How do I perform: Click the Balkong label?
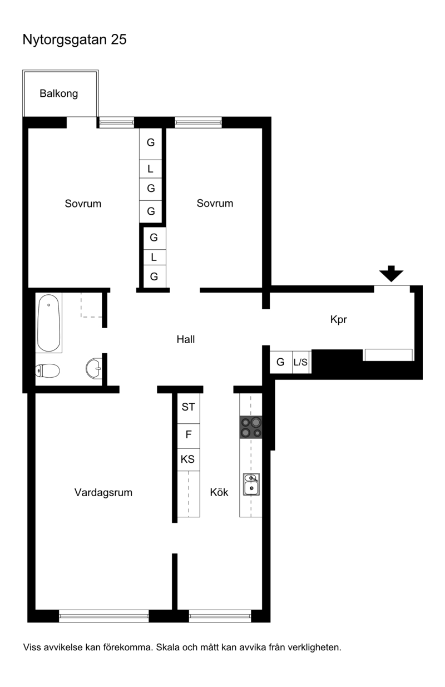[58, 93]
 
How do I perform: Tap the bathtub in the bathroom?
[48, 323]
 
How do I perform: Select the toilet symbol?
[47, 370]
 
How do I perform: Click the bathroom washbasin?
[94, 368]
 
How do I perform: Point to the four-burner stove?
[251, 427]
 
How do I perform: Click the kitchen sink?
[251, 484]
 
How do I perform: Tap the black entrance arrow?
[391, 274]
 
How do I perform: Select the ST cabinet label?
[189, 407]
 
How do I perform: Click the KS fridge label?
[187, 459]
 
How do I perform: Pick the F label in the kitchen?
[189, 434]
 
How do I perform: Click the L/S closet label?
[300, 362]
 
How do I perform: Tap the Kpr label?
[339, 319]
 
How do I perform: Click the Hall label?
[186, 339]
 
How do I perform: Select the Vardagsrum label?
[103, 492]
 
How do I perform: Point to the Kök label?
[219, 492]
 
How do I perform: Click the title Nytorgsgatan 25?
[75, 39]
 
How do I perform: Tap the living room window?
[103, 616]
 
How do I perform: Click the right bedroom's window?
[199, 122]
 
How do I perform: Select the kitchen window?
[220, 616]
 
